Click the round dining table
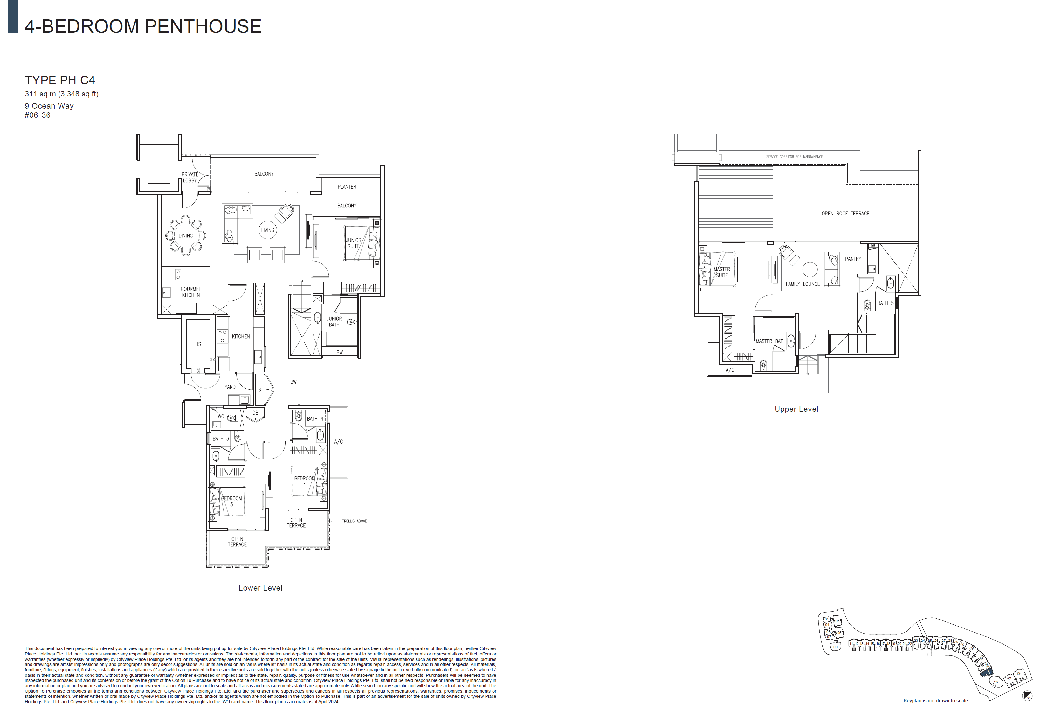185,235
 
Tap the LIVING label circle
267,230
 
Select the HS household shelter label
198,344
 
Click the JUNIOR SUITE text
354,243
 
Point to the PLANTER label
347,187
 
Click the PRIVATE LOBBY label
190,178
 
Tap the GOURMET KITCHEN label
191,292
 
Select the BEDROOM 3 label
231,501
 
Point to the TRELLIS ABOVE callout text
354,521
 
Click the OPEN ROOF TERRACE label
845,214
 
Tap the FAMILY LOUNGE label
803,284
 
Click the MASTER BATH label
770,341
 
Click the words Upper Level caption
796,409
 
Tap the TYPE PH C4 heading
60,81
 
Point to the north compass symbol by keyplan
1027,696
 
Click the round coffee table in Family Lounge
810,269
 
